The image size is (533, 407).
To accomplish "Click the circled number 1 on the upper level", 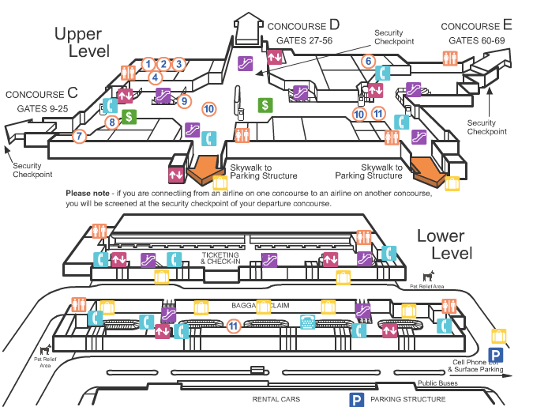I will click(148, 63).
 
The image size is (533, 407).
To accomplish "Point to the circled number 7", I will click(78, 136).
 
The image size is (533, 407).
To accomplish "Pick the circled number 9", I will click(185, 101).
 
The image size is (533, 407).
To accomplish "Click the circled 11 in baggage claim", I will click(233, 326).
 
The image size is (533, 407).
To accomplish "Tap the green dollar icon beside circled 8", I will click(129, 117).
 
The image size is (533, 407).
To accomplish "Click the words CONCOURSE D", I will click(303, 25).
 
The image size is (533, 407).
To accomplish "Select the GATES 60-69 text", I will click(476, 40).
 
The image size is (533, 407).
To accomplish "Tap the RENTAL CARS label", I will click(276, 400).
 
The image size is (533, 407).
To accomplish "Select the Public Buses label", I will click(438, 384).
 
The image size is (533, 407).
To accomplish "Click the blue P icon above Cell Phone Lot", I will click(495, 355).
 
